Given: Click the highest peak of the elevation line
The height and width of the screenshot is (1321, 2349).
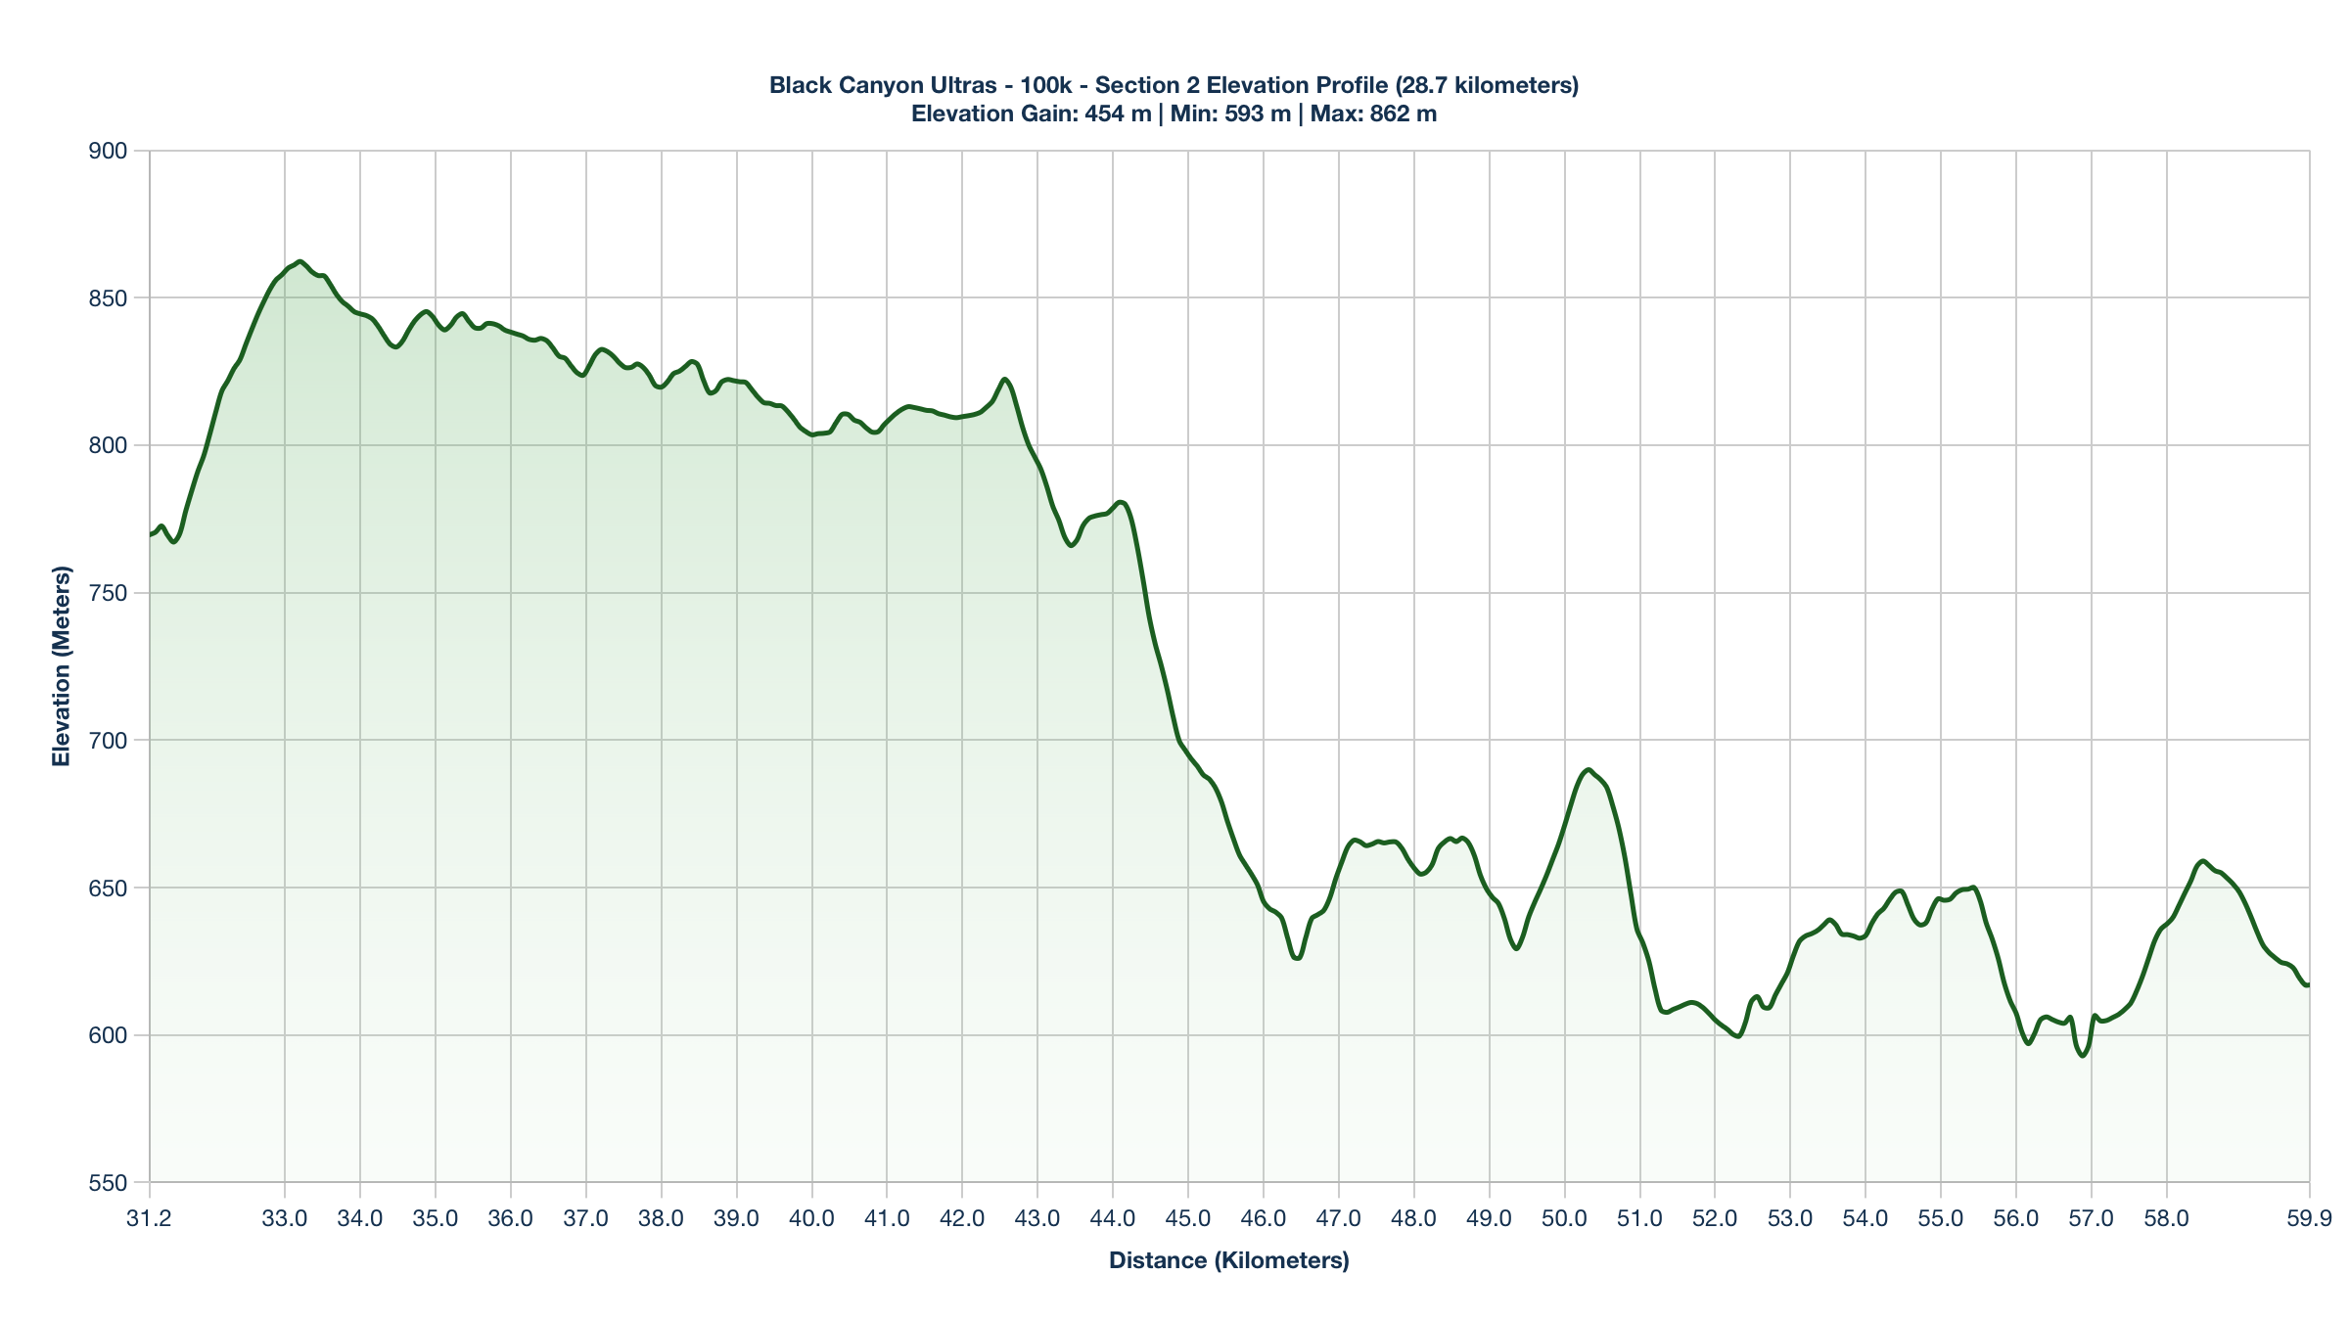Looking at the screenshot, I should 299,261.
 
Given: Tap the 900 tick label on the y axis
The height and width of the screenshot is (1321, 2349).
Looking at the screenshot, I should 108,151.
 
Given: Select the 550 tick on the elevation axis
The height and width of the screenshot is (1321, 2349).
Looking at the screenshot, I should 108,1183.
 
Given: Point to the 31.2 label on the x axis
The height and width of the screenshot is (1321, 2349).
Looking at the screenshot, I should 150,1219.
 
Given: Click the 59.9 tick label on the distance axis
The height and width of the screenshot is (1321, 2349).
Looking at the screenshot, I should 2309,1219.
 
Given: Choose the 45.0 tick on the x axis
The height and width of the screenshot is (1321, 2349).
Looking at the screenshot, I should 1188,1219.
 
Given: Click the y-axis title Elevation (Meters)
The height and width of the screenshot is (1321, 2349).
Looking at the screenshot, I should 62,666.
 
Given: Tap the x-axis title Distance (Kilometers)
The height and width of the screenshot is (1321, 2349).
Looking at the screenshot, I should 1228,1260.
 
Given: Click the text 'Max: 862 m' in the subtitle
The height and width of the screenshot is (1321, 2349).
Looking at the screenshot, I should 1373,114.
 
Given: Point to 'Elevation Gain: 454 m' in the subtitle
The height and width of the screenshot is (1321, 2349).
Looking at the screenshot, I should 1031,114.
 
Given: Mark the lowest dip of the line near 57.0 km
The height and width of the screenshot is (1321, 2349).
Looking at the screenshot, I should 2083,1056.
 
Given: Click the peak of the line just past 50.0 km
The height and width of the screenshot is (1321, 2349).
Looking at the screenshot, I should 1588,770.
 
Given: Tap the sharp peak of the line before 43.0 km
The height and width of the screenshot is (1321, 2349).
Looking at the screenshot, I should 1005,379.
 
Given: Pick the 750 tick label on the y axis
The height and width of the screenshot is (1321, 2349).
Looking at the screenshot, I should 108,593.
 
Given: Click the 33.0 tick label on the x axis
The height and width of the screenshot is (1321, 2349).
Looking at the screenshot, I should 285,1219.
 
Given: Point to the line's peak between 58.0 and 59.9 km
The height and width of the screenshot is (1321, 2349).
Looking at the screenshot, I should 2202,861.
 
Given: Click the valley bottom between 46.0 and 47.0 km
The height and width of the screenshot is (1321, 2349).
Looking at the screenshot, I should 1297,958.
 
